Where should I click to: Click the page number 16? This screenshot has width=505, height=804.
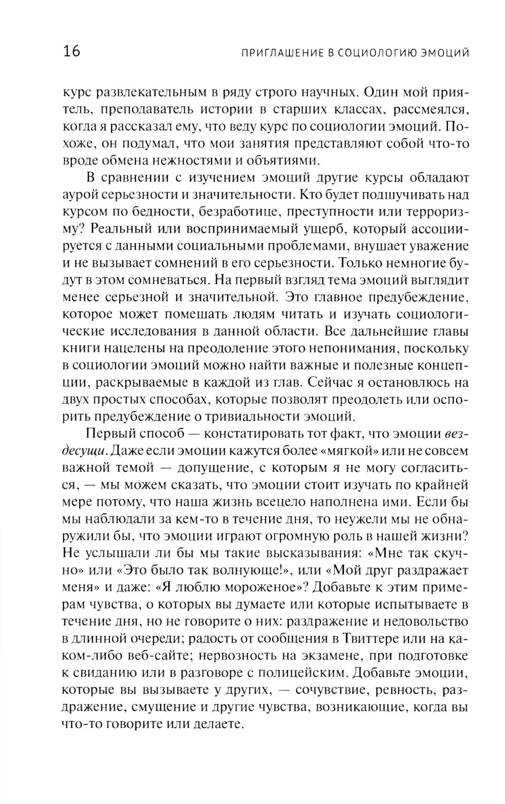click(x=71, y=51)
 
